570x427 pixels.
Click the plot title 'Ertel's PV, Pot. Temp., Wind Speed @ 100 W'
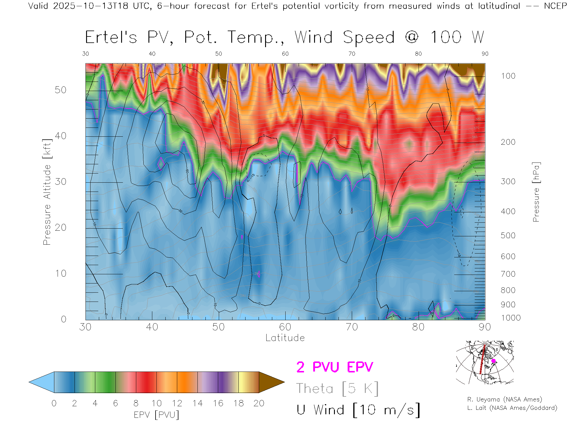pos(284,38)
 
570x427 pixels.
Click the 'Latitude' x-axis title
pos(285,338)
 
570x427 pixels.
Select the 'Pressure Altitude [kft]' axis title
pos(47,192)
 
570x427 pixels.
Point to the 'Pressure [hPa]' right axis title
pos(536,192)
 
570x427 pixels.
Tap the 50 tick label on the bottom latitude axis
pos(218,327)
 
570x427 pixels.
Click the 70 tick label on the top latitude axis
pos(351,54)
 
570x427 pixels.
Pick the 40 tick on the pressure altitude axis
pos(61,136)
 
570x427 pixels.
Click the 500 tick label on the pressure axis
pos(508,235)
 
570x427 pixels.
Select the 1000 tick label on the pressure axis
pos(511,318)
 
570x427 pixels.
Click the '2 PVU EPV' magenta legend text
pos(335,367)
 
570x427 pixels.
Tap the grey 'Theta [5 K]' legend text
pos(337,388)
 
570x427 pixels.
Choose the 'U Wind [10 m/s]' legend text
pos(358,410)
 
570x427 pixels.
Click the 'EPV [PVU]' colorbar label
pos(156,415)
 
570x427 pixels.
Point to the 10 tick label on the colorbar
pos(156,403)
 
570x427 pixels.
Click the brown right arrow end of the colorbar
pos(271,382)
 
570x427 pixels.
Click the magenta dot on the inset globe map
pos(493,361)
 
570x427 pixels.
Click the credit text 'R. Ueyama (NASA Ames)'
pos(505,399)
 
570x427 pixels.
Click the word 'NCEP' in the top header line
pos(555,6)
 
